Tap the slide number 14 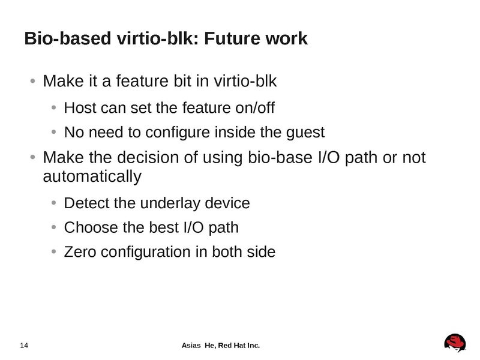(25, 346)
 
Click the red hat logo (455, 343)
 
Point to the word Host (78, 108)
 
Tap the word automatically (92, 177)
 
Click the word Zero (80, 252)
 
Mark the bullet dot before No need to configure (53, 132)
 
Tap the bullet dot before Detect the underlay (53, 203)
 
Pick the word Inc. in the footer (253, 346)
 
